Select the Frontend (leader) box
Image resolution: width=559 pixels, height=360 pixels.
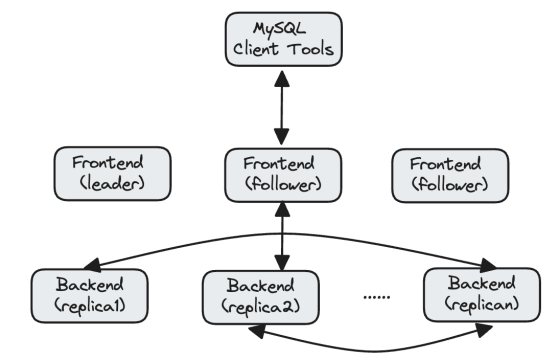tap(112, 173)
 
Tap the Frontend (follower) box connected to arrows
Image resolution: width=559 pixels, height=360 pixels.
tap(283, 173)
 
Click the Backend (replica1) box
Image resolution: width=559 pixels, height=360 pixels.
tap(89, 296)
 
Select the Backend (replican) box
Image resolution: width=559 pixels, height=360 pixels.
tap(481, 294)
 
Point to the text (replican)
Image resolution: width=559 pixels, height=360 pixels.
tap(481, 303)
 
